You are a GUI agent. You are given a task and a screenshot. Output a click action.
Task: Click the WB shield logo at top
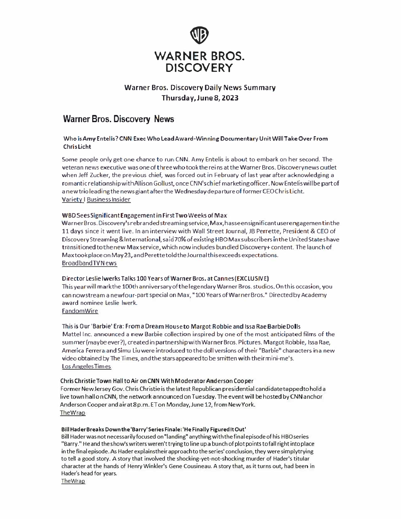click(200, 35)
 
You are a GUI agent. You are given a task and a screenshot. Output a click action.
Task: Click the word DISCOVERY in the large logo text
click(200, 68)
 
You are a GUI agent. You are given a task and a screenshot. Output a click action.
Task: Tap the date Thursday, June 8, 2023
click(200, 98)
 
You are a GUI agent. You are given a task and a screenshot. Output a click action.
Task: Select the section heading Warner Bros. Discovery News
click(118, 119)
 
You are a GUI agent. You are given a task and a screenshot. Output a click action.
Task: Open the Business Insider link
click(109, 199)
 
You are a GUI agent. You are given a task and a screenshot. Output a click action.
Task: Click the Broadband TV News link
click(89, 263)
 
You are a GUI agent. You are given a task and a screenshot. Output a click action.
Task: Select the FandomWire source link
click(80, 311)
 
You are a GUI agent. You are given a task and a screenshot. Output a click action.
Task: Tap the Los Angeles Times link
click(86, 366)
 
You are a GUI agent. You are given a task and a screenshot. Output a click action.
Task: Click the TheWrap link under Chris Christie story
click(72, 413)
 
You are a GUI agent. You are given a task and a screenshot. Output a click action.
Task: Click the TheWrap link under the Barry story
click(73, 481)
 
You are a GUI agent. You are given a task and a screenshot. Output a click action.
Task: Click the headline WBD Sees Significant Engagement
click(144, 216)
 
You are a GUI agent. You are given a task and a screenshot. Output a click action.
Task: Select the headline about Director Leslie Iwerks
click(165, 278)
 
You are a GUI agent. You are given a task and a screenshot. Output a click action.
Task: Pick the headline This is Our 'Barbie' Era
click(181, 327)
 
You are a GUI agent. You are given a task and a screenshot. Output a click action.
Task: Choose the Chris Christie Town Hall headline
click(157, 381)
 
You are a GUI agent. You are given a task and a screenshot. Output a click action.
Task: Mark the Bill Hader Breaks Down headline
click(153, 429)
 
